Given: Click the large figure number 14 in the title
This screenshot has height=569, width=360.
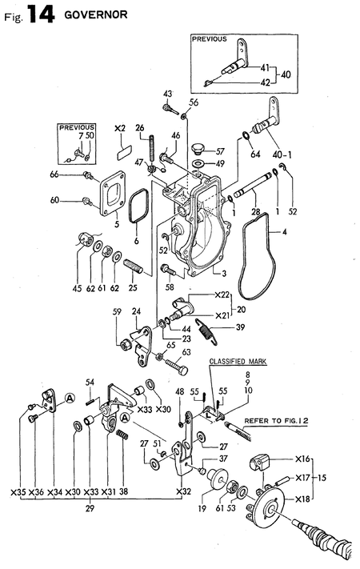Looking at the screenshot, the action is coord(41,15).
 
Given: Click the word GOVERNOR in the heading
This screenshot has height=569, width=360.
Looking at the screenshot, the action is coord(96,15).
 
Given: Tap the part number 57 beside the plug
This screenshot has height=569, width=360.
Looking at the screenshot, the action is coord(220,151).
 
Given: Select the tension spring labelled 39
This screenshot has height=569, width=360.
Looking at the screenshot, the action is coord(206,331).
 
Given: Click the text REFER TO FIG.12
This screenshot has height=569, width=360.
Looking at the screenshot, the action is coord(276,421).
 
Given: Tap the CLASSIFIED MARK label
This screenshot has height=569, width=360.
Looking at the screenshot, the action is coord(238,362).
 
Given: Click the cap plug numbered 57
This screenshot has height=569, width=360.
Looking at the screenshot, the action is coord(198,148).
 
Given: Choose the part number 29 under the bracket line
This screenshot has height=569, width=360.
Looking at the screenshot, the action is coord(90,508).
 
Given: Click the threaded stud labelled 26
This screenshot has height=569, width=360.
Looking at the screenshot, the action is coord(153,149).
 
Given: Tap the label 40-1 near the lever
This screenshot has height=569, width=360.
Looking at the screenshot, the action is coord(282,155).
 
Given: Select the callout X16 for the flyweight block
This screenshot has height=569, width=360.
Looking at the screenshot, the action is coord(302,459).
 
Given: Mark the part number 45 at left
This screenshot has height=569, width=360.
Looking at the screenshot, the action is coord(78,288).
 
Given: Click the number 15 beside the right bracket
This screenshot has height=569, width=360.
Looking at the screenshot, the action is coord(321,478).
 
